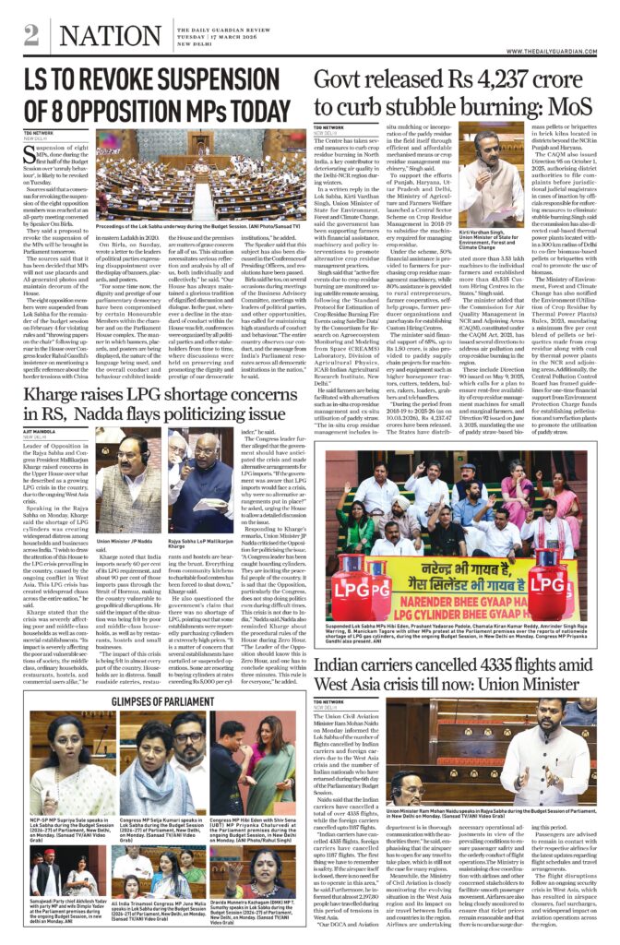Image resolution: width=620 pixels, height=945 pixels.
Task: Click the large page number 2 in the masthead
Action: coord(31,35)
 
